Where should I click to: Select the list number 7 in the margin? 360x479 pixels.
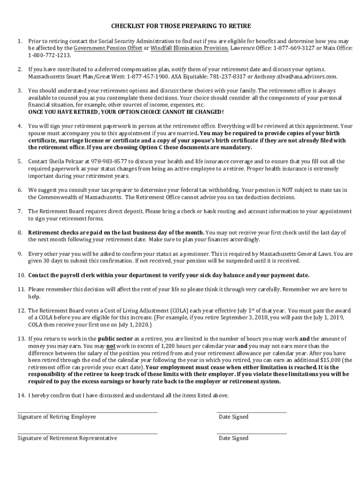tap(20, 211)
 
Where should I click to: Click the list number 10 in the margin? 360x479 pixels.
tap(22, 275)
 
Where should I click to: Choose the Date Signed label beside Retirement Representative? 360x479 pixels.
tap(233, 438)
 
